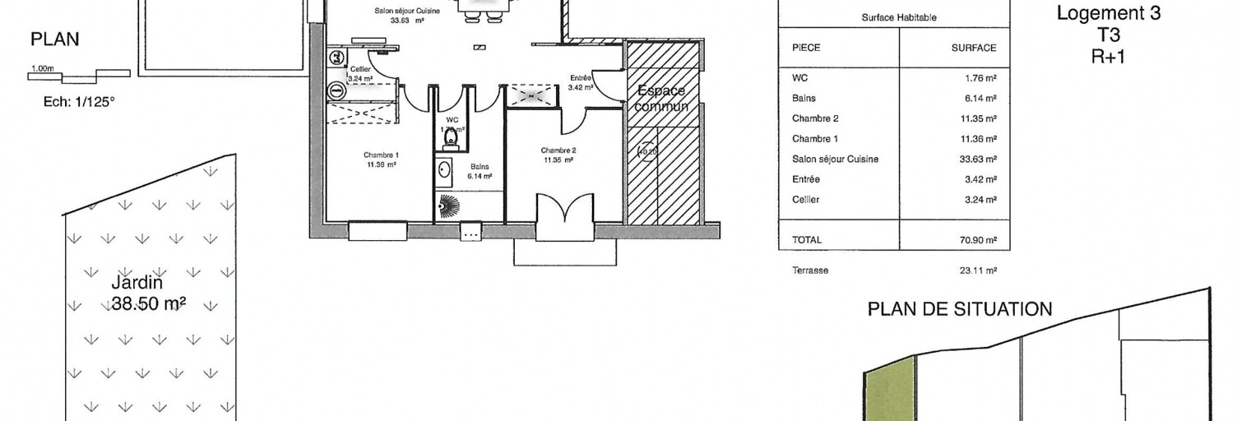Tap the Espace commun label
[x=663, y=99]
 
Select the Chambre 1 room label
[x=381, y=160]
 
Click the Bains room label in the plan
[x=480, y=170]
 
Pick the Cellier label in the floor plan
[x=360, y=74]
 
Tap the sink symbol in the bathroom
[x=444, y=171]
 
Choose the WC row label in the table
[x=799, y=78]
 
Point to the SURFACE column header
[x=974, y=49]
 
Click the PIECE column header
[x=806, y=49]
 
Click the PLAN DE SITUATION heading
[x=960, y=309]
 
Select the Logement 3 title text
[x=1108, y=14]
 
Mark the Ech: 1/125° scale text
[x=79, y=103]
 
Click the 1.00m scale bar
[x=79, y=76]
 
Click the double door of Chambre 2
[x=564, y=217]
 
